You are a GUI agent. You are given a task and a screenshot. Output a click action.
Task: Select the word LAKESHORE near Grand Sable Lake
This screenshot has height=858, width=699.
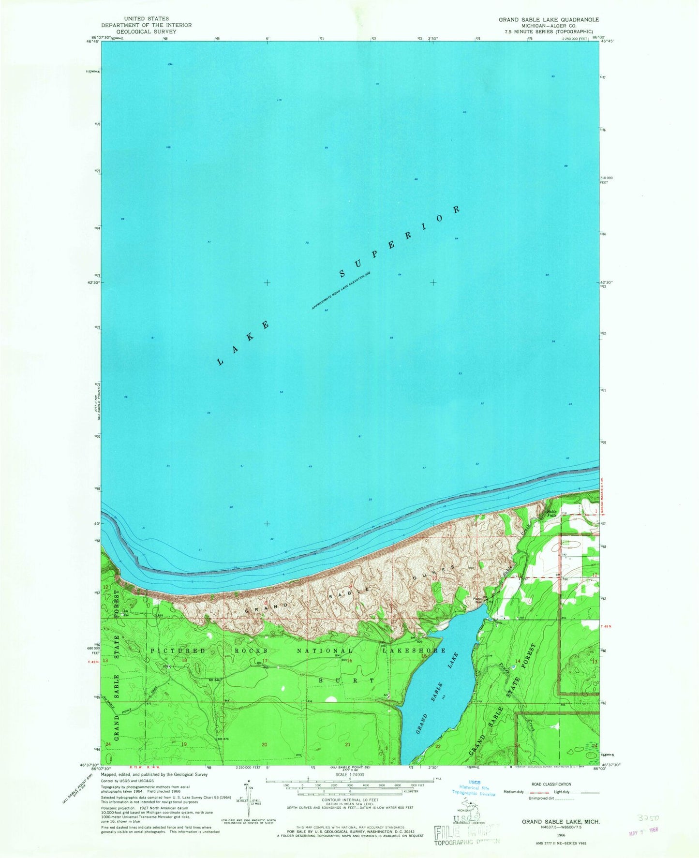[414, 651]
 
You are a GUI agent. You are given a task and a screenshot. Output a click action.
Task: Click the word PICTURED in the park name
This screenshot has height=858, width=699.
[178, 651]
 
